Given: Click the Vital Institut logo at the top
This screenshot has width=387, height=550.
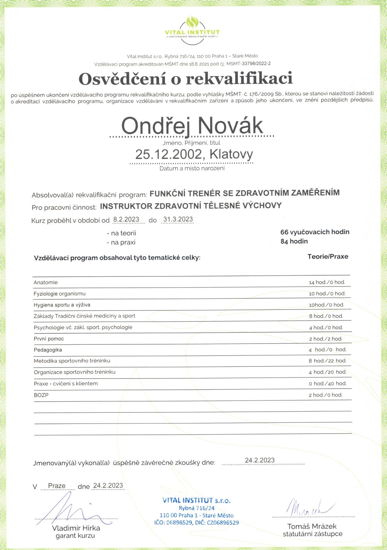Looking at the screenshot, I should tap(192, 30).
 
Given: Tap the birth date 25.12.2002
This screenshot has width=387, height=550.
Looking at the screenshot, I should tap(168, 155).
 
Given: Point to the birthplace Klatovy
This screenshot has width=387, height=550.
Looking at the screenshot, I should tap(231, 154).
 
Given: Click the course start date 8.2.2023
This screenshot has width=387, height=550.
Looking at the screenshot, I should tap(126, 220).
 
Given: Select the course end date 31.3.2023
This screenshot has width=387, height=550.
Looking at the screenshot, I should tap(178, 220).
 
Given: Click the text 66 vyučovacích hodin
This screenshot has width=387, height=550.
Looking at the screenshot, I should tap(315, 232).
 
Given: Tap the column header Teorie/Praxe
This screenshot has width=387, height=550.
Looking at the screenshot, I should tap(328, 257).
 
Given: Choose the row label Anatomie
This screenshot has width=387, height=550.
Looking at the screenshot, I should tap(46, 282).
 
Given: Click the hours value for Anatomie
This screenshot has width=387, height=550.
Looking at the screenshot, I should tap(327, 282).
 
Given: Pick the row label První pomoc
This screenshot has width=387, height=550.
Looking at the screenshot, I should tap(49, 339).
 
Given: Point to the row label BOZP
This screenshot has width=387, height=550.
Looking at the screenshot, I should tap(41, 395).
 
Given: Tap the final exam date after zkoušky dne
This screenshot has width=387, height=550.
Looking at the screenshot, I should tap(260, 460).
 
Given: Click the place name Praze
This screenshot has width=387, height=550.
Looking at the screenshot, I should tap(57, 486).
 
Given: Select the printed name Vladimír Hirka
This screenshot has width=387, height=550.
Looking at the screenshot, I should tap(76, 528).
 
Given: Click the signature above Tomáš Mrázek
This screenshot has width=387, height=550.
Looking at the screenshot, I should tap(308, 507).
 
